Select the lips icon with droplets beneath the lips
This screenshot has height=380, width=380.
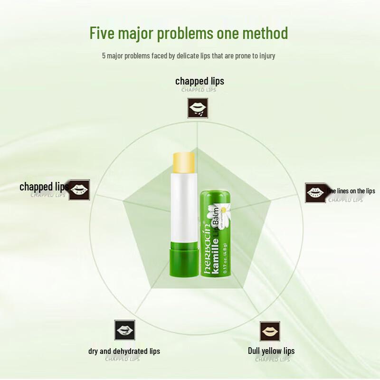[x=197, y=108]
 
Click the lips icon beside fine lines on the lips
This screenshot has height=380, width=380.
[x=314, y=192]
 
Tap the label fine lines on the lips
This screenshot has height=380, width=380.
[x=351, y=191]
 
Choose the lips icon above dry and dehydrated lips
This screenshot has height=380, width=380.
[x=124, y=330]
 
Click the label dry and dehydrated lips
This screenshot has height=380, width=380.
[x=124, y=351]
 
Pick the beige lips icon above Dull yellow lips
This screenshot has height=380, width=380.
[x=270, y=331]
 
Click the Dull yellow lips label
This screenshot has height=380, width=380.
[x=271, y=351]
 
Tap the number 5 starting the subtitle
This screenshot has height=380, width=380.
[x=104, y=56]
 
